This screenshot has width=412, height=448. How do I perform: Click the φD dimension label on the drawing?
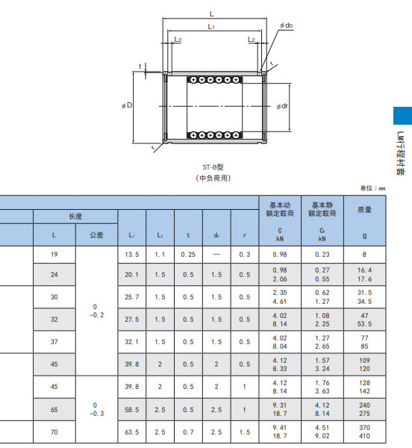click(x=127, y=105)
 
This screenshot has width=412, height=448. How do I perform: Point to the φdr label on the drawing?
click(x=282, y=106)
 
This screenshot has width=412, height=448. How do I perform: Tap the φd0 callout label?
click(x=287, y=25)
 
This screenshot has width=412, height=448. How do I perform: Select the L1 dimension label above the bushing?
click(x=211, y=27)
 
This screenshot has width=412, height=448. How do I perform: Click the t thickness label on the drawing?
click(x=140, y=66)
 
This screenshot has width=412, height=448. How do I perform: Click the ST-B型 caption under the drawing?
click(x=213, y=167)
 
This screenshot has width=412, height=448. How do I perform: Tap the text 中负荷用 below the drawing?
click(x=213, y=178)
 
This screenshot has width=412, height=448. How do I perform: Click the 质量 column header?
click(x=364, y=210)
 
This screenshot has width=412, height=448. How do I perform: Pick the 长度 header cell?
click(x=75, y=217)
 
